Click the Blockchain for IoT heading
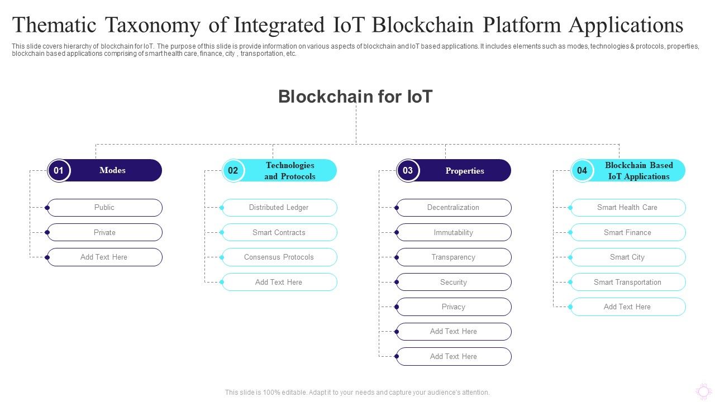355,97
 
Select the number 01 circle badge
59,170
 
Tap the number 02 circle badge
233,170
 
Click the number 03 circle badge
408,170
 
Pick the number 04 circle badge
582,170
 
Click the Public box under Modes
104,208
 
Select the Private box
104,232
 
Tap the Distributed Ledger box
279,208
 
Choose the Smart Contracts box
279,232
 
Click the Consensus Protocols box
279,257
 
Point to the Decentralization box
454,208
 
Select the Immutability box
454,232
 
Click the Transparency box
454,257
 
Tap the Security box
454,282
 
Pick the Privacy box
454,307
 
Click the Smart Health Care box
628,208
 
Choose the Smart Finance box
628,232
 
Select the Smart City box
628,257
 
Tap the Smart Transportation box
628,282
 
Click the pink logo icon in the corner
703,391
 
